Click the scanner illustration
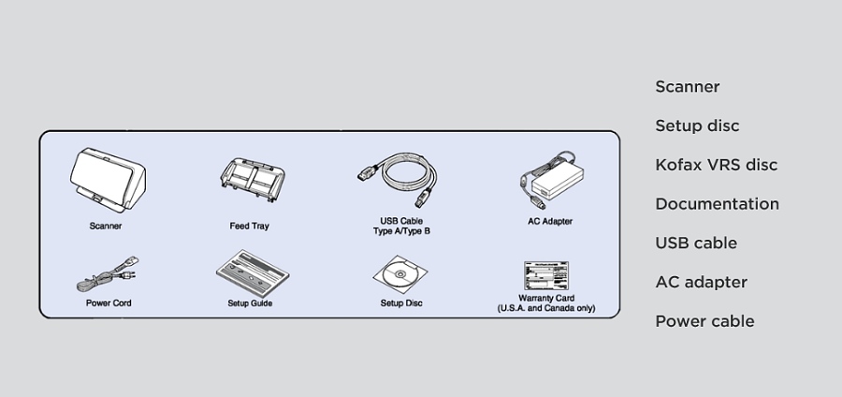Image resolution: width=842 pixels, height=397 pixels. click(x=108, y=180)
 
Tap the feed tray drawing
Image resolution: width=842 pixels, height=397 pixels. click(x=252, y=180)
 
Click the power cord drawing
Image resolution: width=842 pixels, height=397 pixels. click(x=107, y=274)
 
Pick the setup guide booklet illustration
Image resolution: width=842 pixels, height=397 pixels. click(x=253, y=273)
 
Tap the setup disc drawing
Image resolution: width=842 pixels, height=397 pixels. click(x=400, y=274)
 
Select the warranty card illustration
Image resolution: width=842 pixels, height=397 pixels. click(x=546, y=275)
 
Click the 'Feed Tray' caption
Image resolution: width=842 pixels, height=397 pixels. click(x=249, y=227)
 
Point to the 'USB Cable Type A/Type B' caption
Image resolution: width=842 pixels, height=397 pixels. click(x=401, y=227)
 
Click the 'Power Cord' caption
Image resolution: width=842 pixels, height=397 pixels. click(x=109, y=303)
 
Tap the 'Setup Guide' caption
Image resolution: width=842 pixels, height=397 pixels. click(x=250, y=303)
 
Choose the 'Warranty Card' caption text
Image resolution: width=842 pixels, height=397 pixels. click(x=546, y=298)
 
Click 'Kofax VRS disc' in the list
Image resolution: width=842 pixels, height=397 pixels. click(x=717, y=165)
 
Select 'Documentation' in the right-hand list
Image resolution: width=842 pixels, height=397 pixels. click(x=717, y=204)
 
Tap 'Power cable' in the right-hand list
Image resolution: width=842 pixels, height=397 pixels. click(x=704, y=321)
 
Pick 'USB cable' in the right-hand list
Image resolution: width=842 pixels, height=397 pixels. click(x=696, y=243)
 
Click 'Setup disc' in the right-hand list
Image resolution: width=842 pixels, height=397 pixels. click(x=697, y=125)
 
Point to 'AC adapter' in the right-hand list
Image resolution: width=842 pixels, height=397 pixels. click(x=702, y=283)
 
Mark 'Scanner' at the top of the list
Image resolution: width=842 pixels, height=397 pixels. click(x=688, y=86)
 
